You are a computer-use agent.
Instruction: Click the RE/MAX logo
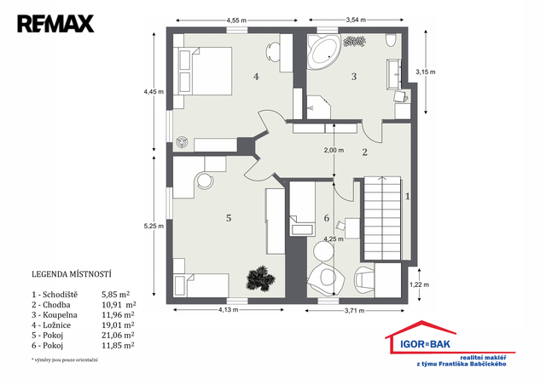[55, 24]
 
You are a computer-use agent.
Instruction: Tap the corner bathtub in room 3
[323, 52]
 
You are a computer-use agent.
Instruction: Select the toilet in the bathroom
[391, 40]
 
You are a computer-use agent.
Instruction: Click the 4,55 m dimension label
[236, 20]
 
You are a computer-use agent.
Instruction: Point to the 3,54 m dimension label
[356, 20]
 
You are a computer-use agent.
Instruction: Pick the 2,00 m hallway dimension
[334, 150]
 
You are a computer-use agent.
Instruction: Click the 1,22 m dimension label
[419, 284]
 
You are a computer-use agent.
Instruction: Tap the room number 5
[229, 218]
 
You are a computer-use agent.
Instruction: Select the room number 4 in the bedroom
[256, 76]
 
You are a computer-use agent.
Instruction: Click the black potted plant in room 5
[259, 278]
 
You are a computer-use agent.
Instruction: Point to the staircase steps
[382, 218]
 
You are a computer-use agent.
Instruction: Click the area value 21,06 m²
[118, 336]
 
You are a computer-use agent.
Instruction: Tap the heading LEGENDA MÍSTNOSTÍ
[72, 274]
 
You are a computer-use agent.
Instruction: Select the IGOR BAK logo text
[425, 344]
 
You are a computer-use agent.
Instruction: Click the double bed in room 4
[206, 71]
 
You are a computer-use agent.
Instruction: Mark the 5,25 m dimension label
[154, 226]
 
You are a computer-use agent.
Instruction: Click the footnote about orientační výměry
[65, 360]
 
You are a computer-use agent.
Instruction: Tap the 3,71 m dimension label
[355, 311]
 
